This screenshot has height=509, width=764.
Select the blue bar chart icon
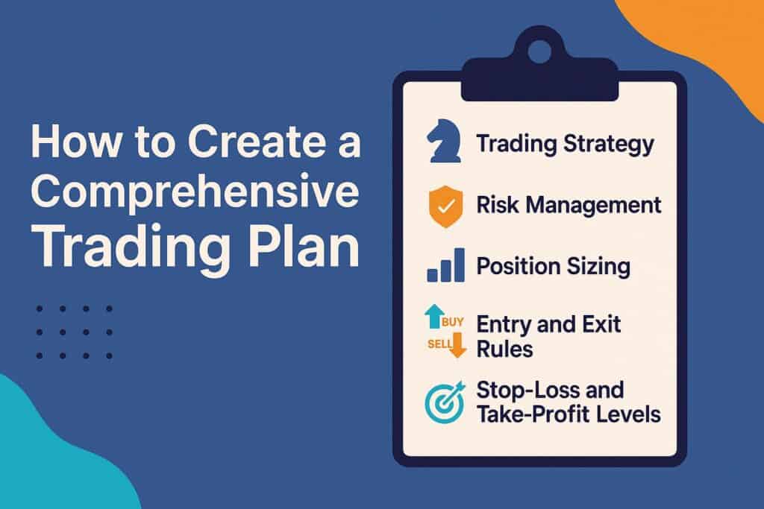[x=445, y=265]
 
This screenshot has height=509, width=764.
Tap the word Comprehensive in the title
[x=195, y=195]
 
